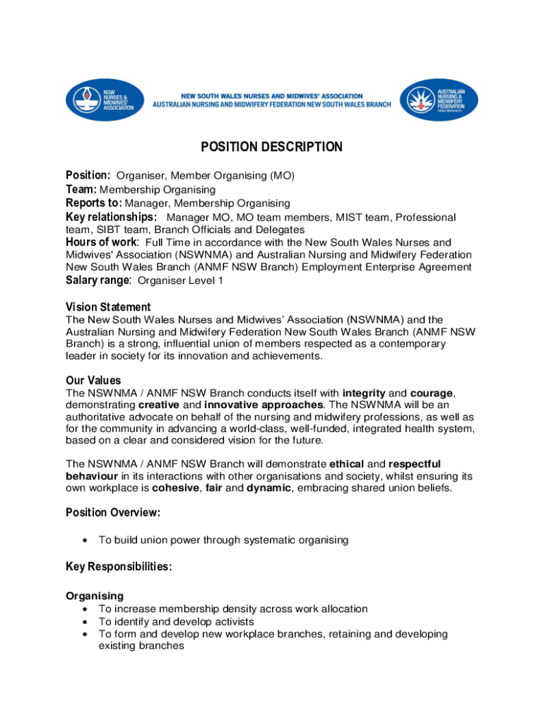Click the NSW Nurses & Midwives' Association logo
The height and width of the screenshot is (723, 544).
tap(105, 100)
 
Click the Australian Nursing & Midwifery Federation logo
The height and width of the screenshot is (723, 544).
tap(439, 100)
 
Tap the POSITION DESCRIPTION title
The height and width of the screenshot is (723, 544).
tap(272, 147)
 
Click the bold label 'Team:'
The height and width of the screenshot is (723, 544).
tap(81, 189)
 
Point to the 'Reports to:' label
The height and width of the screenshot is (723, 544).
tap(94, 203)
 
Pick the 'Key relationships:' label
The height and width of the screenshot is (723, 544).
tap(112, 217)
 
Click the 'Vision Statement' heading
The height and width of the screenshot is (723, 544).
tap(108, 307)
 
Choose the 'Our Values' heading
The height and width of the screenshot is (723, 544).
tap(93, 381)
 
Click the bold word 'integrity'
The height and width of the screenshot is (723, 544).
tap(364, 393)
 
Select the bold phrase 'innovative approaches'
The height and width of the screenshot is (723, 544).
tap(264, 405)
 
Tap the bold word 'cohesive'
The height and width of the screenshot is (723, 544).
tap(175, 488)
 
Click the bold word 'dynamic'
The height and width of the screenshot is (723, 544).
tap(268, 488)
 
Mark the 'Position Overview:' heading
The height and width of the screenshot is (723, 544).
tap(113, 512)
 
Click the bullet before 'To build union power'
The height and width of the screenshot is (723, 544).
tap(85, 540)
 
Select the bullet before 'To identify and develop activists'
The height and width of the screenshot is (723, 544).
tap(85, 622)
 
